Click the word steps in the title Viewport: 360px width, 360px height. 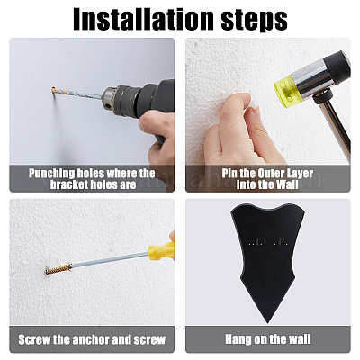pyautogui.click(x=255, y=21)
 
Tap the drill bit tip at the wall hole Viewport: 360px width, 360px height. pyautogui.click(x=53, y=89)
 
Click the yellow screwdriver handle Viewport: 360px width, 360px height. pyautogui.click(x=161, y=251)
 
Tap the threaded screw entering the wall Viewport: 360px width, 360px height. pyautogui.click(x=58, y=268)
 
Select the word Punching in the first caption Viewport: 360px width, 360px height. pyautogui.click(x=51, y=174)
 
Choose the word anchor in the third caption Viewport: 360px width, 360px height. pyautogui.click(x=92, y=339)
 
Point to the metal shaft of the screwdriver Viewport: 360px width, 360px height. pyautogui.click(x=111, y=260)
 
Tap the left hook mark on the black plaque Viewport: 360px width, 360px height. pyautogui.click(x=256, y=242)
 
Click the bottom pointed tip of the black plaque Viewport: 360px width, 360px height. pyautogui.click(x=267, y=323)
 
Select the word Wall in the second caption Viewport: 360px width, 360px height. pyautogui.click(x=287, y=184)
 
